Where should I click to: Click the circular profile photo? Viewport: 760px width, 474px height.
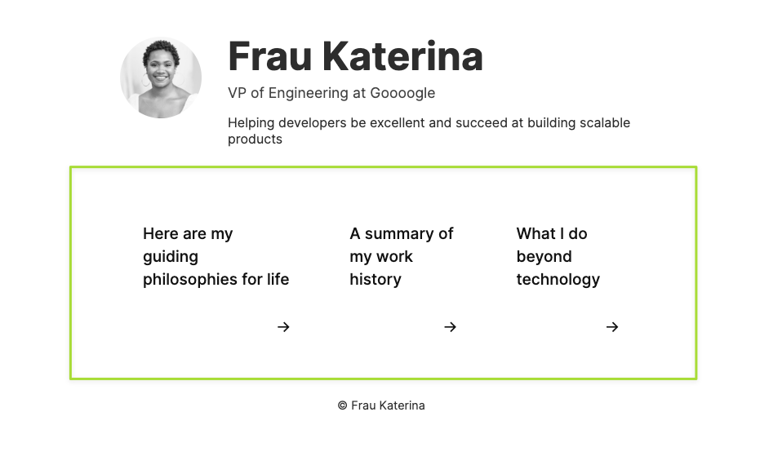[161, 78]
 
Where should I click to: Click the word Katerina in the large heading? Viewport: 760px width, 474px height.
[402, 56]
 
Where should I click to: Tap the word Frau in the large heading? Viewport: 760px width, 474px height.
[269, 56]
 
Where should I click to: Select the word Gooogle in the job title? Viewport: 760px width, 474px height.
[402, 94]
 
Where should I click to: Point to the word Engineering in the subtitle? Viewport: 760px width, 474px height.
[309, 94]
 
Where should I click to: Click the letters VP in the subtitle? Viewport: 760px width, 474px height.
[237, 93]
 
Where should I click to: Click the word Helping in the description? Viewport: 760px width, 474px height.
[251, 123]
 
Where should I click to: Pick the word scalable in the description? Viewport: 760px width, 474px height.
[605, 123]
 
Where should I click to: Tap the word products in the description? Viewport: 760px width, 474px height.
[255, 140]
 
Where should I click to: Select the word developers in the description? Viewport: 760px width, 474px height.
[312, 123]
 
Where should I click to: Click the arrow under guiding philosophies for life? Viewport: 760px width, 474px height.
[283, 327]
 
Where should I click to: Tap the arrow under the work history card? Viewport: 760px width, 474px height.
[451, 327]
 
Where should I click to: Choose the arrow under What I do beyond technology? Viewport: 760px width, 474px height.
[612, 327]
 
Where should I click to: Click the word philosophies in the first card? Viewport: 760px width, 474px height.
[190, 280]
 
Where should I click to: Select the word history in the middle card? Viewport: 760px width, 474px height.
[376, 280]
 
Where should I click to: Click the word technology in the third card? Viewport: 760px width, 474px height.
[558, 280]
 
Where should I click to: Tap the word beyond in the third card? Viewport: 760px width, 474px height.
[544, 257]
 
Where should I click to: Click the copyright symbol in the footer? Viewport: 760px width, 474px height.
[343, 405]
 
